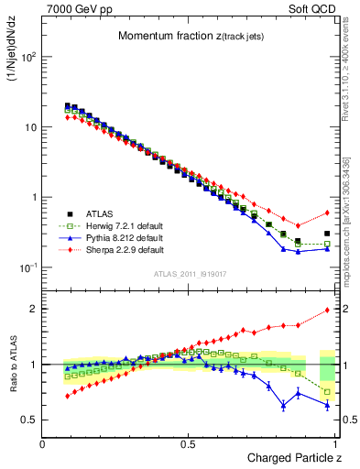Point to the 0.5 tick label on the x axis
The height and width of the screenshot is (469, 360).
pyautogui.click(x=189, y=443)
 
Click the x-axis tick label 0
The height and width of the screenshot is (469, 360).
pyautogui.click(x=43, y=443)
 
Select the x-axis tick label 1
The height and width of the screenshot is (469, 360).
pyautogui.click(x=336, y=443)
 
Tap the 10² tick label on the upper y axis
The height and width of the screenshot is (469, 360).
pyautogui.click(x=27, y=58)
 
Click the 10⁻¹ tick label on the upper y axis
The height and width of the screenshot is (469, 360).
pyautogui.click(x=27, y=267)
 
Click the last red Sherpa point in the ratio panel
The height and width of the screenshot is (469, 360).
pyautogui.click(x=327, y=310)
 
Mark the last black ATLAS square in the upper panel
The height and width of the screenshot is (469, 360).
pyautogui.click(x=327, y=234)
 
